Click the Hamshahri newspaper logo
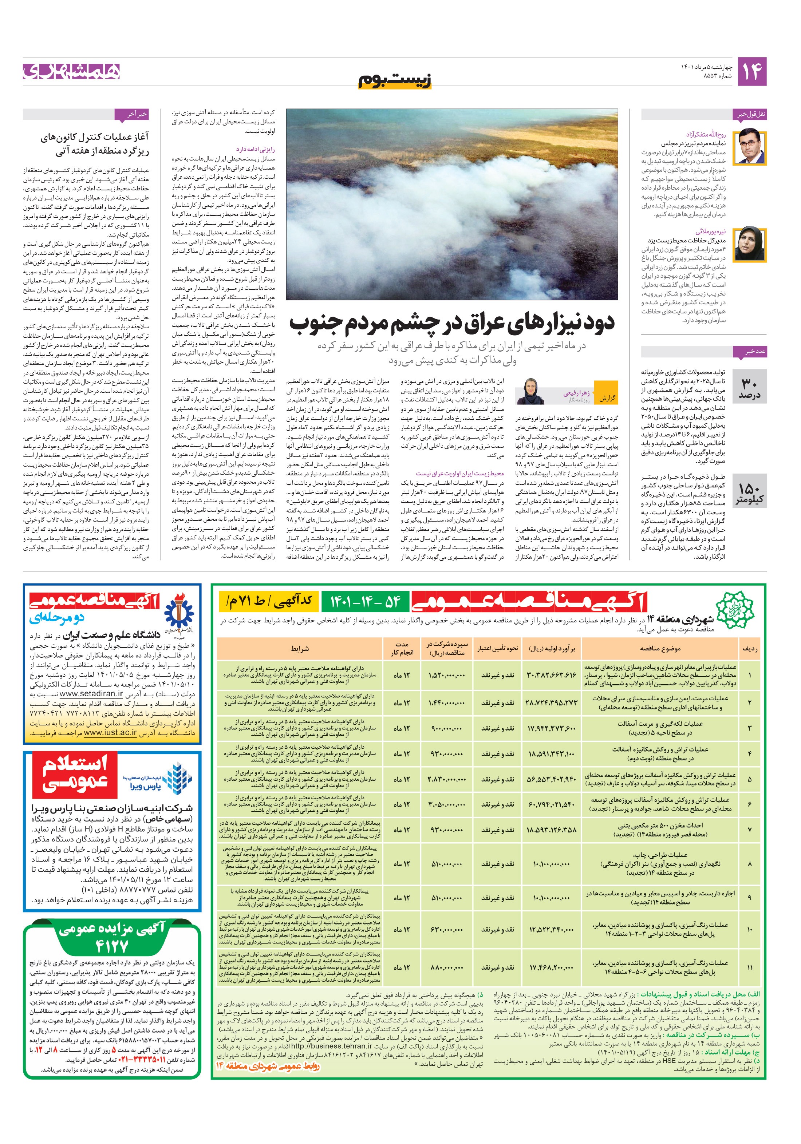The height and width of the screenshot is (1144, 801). coord(71,71)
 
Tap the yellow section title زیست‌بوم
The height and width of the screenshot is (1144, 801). coord(395,80)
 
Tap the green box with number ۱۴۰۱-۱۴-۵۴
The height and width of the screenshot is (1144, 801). coord(365,602)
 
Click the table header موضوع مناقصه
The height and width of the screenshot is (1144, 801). coord(660,649)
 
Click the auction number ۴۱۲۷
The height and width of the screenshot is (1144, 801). coord(113,946)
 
